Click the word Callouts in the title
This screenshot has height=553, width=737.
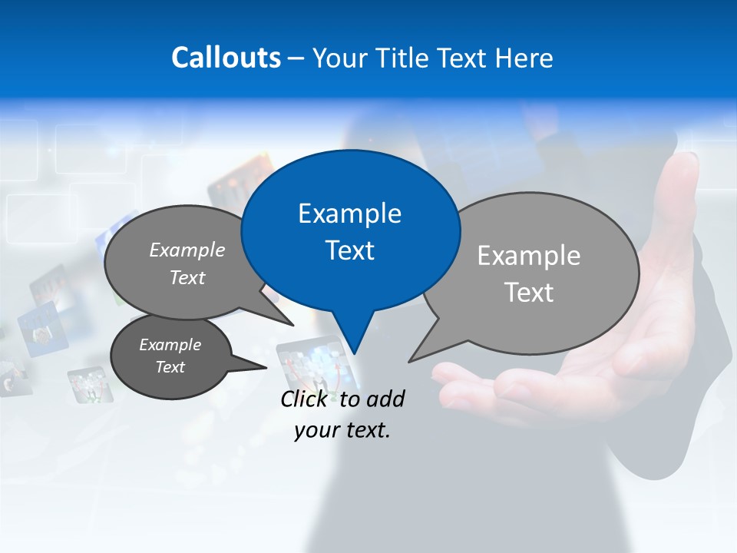[x=226, y=58]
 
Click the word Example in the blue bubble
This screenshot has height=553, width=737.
[x=349, y=213]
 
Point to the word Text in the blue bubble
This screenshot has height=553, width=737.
[x=349, y=250]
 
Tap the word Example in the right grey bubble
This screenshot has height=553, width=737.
[x=529, y=256]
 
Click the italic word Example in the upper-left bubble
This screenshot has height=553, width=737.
[x=187, y=250]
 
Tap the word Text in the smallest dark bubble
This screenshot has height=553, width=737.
[x=170, y=367]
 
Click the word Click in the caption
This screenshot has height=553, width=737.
[x=306, y=399]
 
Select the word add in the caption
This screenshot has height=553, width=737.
[x=385, y=399]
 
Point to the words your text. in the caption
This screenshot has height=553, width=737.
[x=342, y=430]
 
